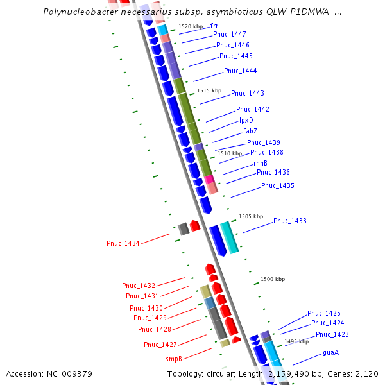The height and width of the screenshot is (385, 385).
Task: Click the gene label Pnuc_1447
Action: tap(229, 34)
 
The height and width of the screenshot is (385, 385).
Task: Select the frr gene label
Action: tap(214, 26)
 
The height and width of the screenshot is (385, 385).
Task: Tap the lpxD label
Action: tap(246, 120)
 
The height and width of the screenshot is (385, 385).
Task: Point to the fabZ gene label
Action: tap(250, 131)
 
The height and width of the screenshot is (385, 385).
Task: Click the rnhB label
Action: tap(260, 163)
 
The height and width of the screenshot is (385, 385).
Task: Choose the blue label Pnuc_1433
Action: tap(290, 221)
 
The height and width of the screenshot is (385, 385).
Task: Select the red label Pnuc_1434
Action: tap(123, 243)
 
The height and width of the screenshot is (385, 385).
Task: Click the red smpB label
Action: tap(174, 359)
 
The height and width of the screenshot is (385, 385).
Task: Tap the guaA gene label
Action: tap(330, 352)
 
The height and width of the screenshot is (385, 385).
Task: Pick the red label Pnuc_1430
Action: tap(146, 308)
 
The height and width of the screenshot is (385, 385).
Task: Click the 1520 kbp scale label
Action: tap(190, 26)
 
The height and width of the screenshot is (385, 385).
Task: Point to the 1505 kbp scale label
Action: tap(251, 216)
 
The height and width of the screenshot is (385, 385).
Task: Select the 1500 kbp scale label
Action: tap(273, 279)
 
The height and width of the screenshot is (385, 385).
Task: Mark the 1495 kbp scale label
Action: tap(296, 341)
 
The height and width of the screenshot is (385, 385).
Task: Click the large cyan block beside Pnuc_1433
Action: tap(230, 237)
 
